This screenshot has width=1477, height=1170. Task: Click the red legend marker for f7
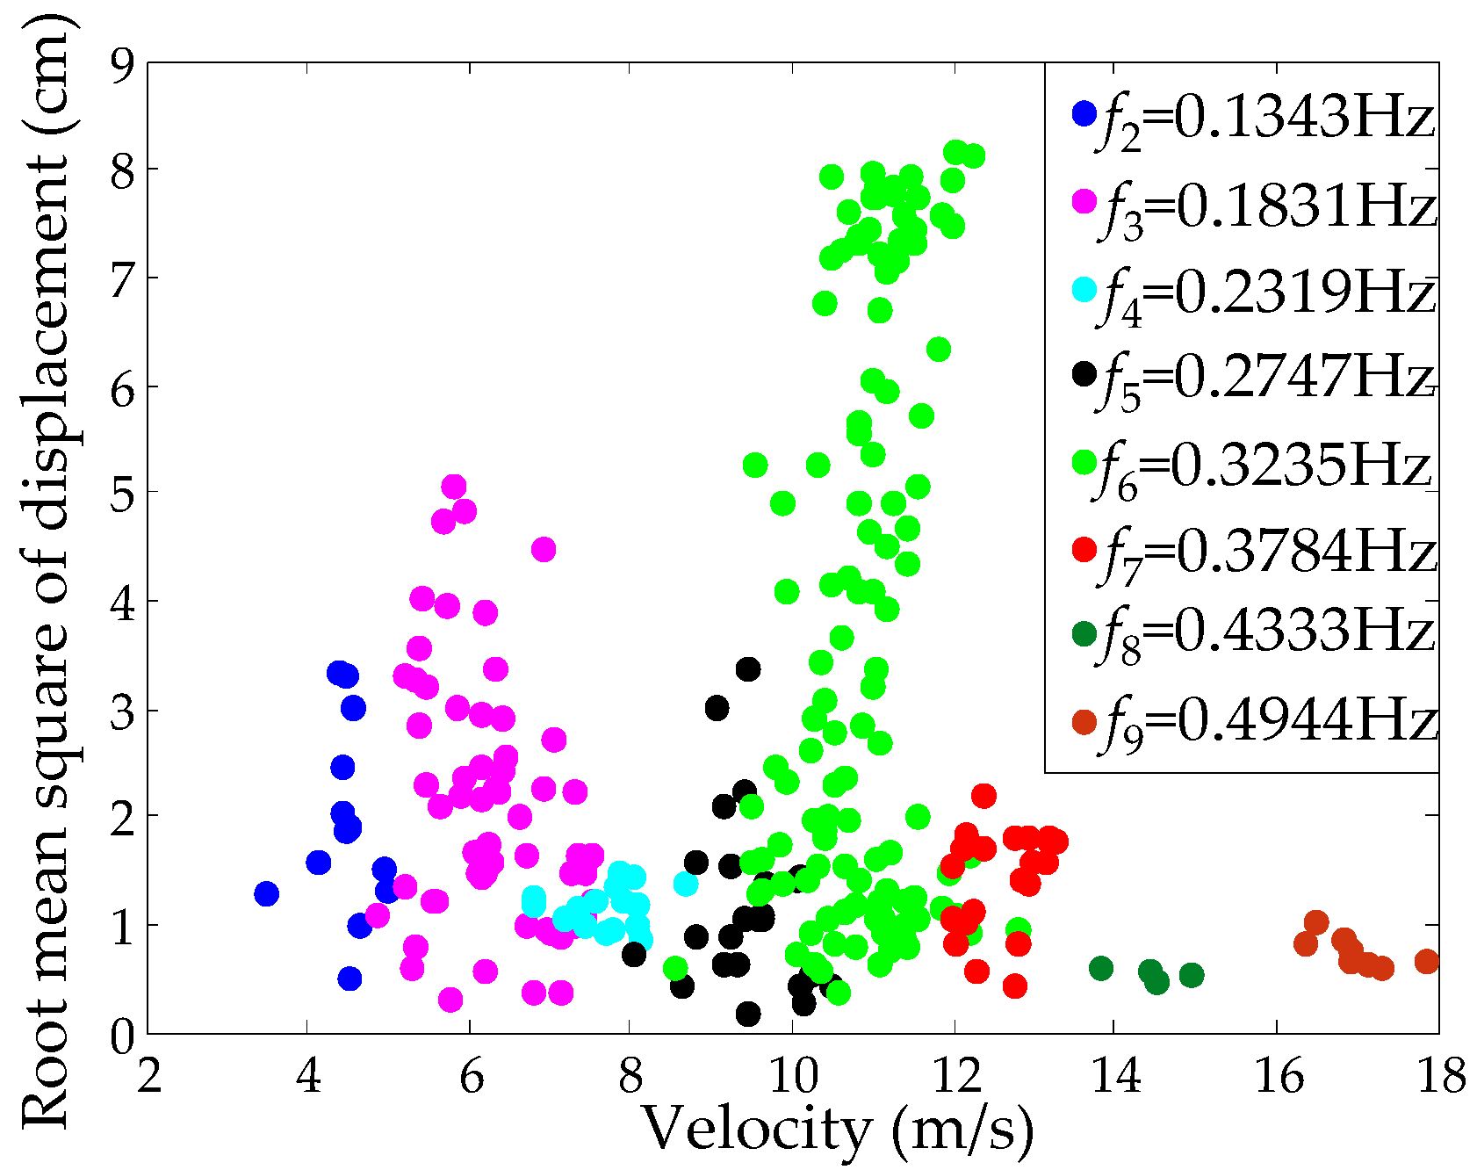click(x=1085, y=551)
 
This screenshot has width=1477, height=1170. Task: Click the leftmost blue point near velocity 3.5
click(x=266, y=894)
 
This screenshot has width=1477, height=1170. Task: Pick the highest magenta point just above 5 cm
click(x=453, y=487)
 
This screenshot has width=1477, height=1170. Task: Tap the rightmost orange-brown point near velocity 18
click(x=1427, y=962)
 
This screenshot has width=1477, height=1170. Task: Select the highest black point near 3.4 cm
click(x=747, y=669)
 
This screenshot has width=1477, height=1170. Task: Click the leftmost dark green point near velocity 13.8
click(x=1101, y=969)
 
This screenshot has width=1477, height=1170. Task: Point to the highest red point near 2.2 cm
click(x=983, y=796)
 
